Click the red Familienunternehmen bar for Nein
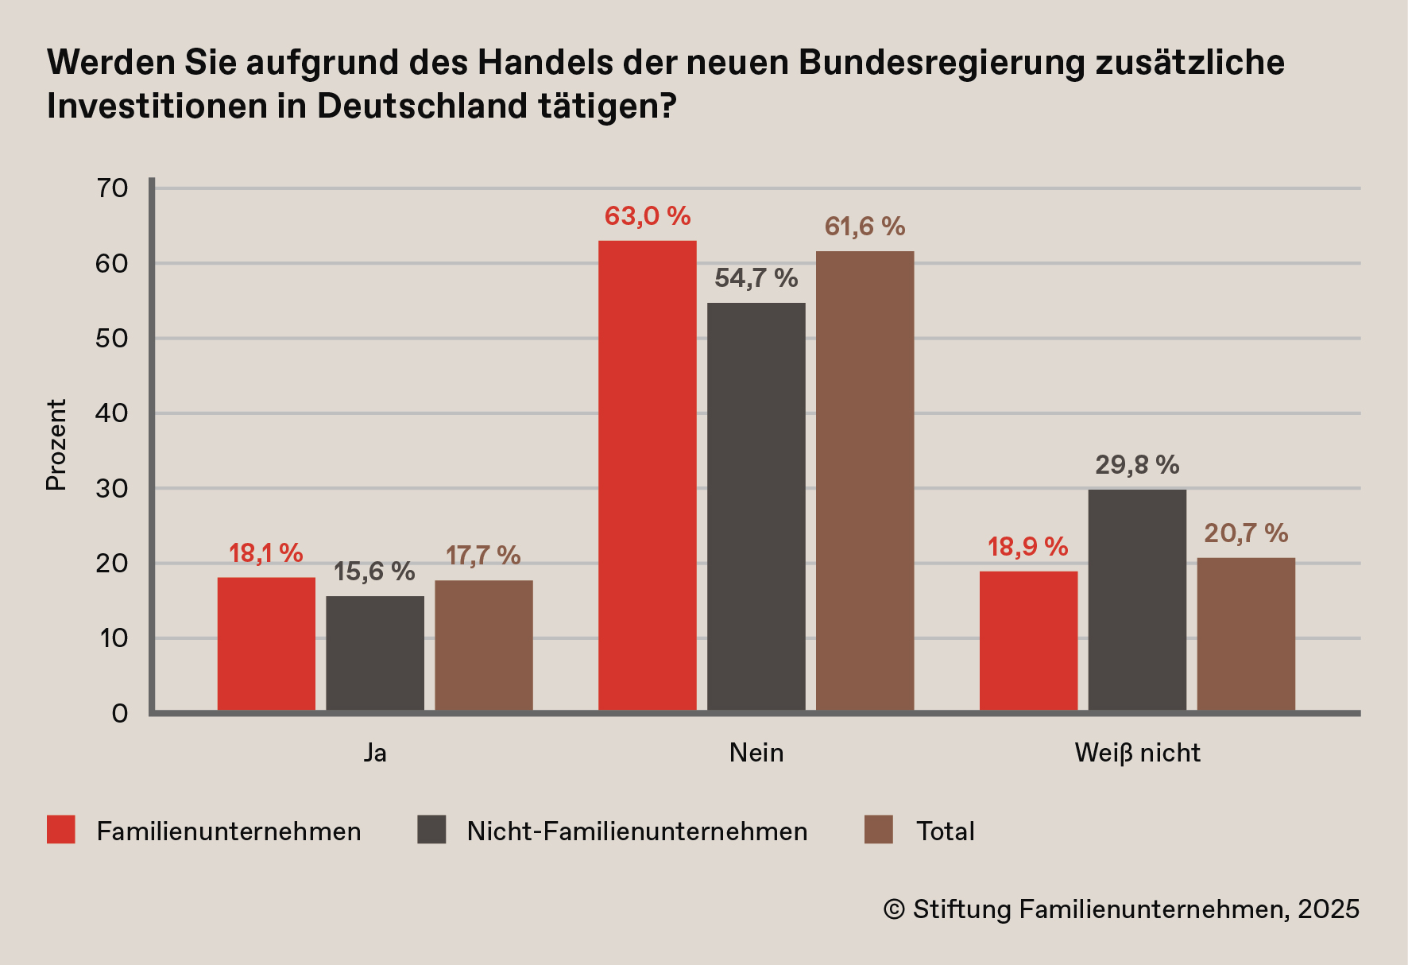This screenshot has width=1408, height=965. [x=647, y=475]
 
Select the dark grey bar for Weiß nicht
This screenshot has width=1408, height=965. [x=1137, y=599]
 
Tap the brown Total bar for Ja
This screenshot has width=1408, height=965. [x=483, y=645]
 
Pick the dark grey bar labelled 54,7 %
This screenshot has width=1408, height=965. [x=756, y=506]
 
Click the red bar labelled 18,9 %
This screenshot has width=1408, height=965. [x=1028, y=640]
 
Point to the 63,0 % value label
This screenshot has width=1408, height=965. [x=647, y=216]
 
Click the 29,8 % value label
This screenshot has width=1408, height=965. [x=1137, y=465]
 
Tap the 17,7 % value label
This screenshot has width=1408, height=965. [x=483, y=556]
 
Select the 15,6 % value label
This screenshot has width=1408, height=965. [x=374, y=572]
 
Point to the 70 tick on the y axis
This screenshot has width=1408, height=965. [x=112, y=188]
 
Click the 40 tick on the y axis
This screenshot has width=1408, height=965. [x=112, y=413]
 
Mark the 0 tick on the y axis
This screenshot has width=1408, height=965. [x=119, y=714]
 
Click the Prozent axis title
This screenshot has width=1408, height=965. [x=56, y=445]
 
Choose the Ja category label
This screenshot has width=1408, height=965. [x=375, y=753]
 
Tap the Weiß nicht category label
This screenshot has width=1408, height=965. [x=1137, y=753]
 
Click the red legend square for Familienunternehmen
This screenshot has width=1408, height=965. [x=61, y=830]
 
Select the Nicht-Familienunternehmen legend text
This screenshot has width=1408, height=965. [x=637, y=831]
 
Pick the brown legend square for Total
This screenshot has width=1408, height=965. [x=878, y=830]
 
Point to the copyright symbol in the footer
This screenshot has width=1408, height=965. [x=894, y=909]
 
